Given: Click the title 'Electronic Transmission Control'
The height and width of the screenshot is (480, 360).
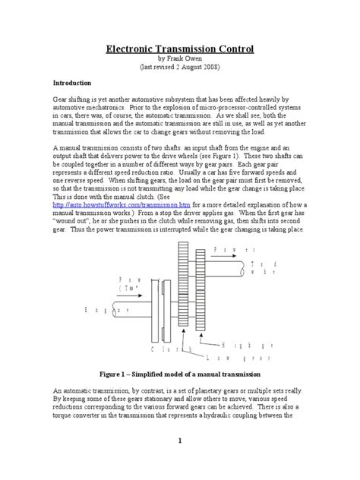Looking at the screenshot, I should (x=179, y=50).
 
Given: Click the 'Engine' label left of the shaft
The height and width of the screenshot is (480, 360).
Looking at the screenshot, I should (x=92, y=310).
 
